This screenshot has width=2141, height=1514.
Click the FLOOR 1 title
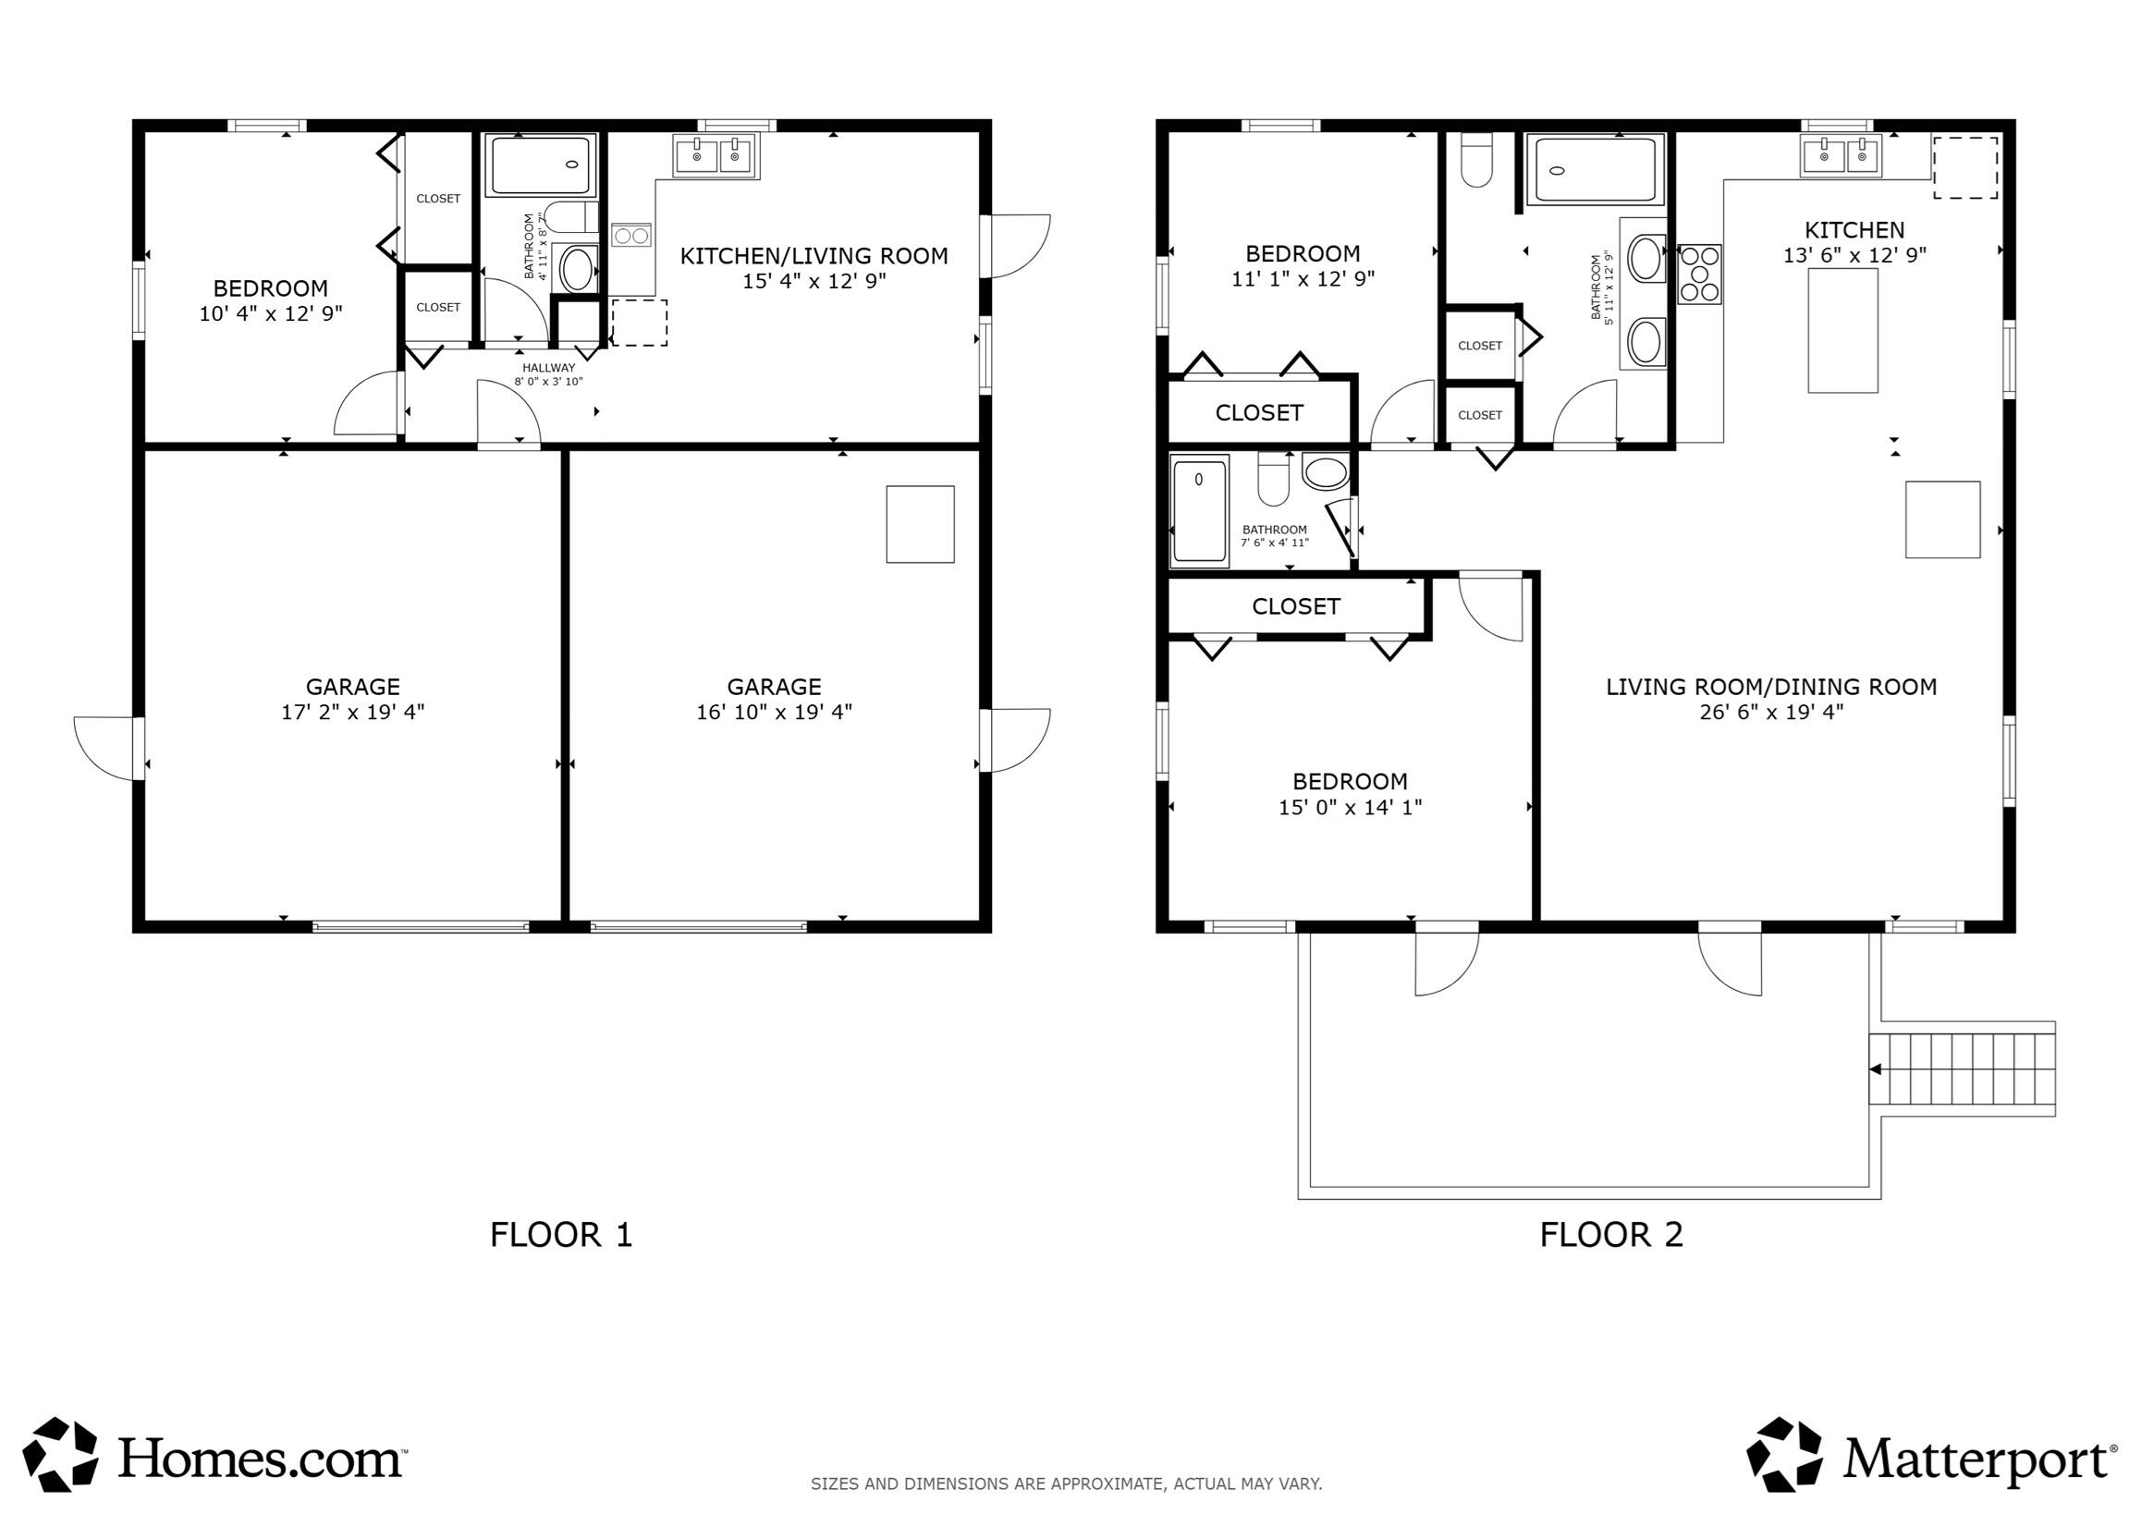coord(561,1234)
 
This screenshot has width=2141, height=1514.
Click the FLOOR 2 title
coord(1610,1234)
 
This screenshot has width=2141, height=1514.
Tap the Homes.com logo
coord(214,1457)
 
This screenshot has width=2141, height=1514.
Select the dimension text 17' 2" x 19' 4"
coord(352,713)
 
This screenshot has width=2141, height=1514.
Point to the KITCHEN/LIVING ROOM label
coord(814,255)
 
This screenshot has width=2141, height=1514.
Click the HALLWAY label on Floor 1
coord(548,368)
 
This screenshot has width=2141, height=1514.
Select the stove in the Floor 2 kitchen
coord(1699,275)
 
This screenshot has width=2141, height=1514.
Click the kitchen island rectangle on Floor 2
coord(1842,330)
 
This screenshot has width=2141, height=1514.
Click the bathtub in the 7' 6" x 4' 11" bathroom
coord(1199,511)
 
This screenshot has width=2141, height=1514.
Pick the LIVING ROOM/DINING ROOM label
coord(1771,687)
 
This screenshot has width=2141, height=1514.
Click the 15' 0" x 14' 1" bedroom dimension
coord(1350,807)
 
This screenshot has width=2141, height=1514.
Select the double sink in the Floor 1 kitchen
coord(716,155)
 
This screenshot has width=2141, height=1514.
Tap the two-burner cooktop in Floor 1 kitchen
coord(631,235)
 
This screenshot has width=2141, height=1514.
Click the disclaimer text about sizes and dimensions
coord(1066,1483)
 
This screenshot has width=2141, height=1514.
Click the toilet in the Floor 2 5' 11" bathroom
coord(1476,160)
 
